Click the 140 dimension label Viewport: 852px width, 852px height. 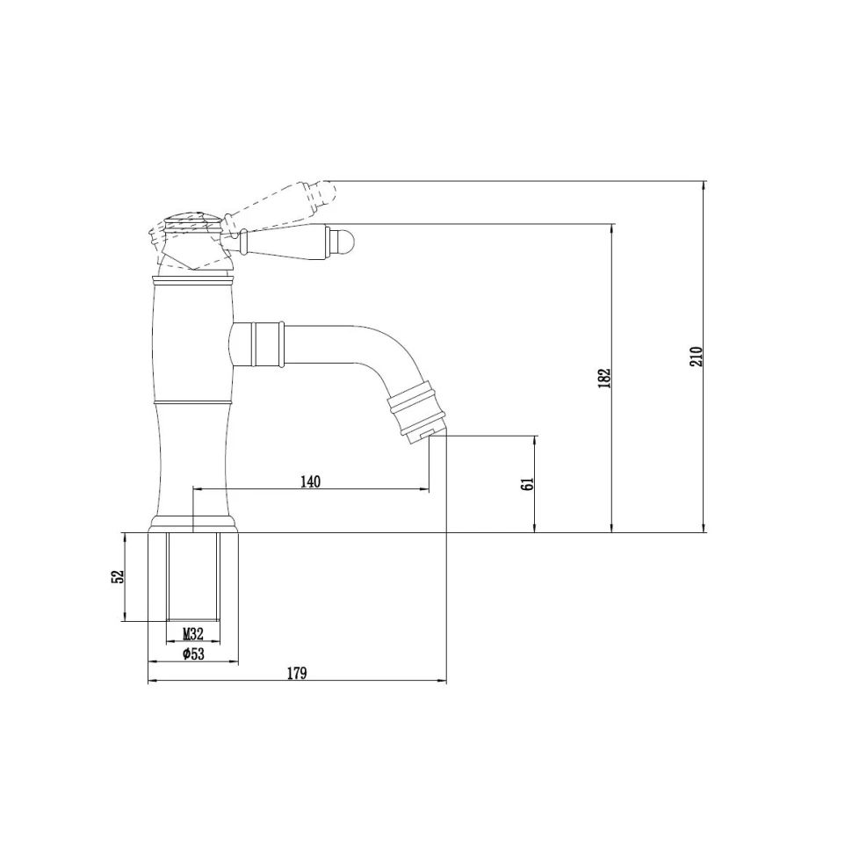tap(310, 481)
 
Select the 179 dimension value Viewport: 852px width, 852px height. tap(297, 673)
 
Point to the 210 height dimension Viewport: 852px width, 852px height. tap(697, 357)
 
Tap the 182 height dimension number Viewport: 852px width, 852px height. tap(605, 379)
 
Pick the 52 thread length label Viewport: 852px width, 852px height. tap(118, 576)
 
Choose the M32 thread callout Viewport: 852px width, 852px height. tap(193, 633)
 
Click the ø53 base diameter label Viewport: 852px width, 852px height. tap(193, 653)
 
